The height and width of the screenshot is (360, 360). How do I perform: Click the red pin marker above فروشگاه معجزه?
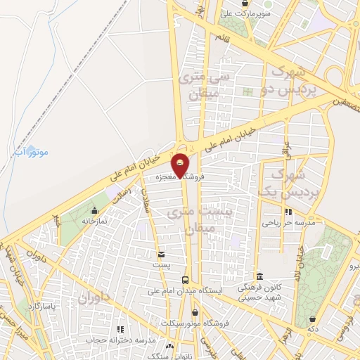(181, 164)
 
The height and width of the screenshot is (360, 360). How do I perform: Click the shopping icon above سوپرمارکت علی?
(244, 3)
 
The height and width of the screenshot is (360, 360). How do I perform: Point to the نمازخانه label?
(94, 220)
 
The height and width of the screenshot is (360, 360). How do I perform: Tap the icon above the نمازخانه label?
(94, 210)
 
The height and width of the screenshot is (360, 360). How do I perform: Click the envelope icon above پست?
(162, 255)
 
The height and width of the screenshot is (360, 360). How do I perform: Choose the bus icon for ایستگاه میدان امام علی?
(185, 279)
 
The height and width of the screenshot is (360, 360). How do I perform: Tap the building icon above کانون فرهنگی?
(260, 276)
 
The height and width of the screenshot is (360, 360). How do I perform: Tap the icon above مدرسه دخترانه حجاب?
(120, 329)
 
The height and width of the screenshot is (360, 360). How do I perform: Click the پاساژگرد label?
(43, 306)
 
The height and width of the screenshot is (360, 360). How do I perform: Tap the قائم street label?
(222, 35)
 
